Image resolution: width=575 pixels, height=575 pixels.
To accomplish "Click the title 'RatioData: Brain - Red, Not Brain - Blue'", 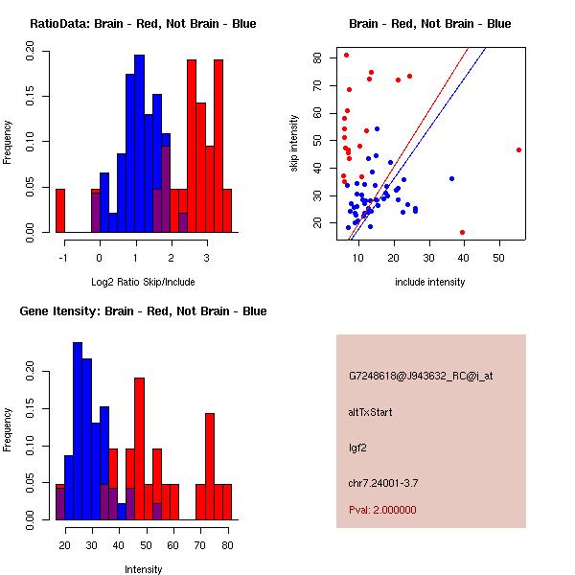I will click(143, 24).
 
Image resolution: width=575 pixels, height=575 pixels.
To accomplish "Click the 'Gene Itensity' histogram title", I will click(143, 311).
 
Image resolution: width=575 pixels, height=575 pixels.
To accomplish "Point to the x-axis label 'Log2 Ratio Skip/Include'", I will click(143, 281).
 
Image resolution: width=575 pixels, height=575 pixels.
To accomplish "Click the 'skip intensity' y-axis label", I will click(295, 144).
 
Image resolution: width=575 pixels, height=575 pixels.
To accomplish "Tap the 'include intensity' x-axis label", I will click(430, 281).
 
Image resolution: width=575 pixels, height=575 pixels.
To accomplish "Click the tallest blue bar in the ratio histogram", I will click(139, 144).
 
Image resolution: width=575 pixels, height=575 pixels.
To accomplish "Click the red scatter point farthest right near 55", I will click(518, 149).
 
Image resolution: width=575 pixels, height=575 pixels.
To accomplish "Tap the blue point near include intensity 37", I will click(451, 178).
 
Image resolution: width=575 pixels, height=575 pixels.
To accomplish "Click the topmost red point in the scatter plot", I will click(346, 55).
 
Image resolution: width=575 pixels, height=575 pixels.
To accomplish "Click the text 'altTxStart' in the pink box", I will click(371, 412).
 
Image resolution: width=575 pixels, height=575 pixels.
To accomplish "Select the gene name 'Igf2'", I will click(357, 447).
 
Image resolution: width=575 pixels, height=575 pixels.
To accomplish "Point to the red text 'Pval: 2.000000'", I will click(382, 510).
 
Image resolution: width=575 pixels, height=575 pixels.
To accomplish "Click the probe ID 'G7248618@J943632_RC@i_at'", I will click(421, 377).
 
